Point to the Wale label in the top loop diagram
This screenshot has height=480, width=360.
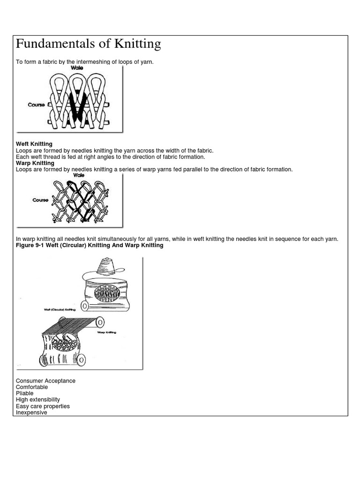pos(77,68)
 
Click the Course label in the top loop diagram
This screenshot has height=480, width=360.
pos(36,105)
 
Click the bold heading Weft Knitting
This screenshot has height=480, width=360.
pos(34,144)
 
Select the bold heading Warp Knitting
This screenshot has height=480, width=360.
pos(35,163)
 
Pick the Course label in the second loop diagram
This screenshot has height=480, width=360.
pos(40,200)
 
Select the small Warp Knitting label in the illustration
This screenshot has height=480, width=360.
pos(106,332)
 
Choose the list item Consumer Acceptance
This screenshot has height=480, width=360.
pos(45,381)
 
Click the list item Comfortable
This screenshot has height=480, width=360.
pos(32,388)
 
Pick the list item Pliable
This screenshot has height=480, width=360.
pos(25,394)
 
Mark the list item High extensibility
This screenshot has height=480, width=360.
pos(38,400)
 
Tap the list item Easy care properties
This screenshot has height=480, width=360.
pos(43,406)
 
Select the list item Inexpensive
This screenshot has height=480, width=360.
pos(31,412)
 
